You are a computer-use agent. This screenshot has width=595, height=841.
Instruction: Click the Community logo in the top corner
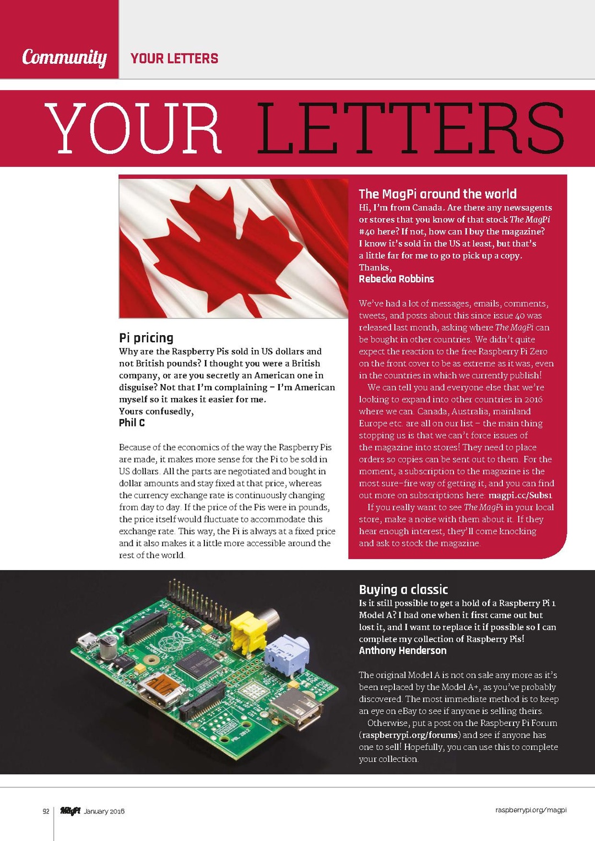[x=64, y=57]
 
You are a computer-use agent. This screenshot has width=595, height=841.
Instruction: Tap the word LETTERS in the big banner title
[x=410, y=128]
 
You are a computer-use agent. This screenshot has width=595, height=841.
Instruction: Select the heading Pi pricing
[x=146, y=337]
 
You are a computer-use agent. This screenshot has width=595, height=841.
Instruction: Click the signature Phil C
[x=132, y=423]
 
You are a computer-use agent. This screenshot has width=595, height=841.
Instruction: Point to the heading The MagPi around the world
[x=437, y=194]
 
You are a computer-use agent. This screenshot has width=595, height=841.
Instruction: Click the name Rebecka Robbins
[x=396, y=278]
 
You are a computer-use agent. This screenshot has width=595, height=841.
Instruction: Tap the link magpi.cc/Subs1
[x=520, y=495]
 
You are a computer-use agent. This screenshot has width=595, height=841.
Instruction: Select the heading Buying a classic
[x=403, y=589]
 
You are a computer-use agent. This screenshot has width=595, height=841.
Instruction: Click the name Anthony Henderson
[x=403, y=651]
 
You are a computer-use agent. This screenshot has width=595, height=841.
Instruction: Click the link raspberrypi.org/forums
[x=410, y=735]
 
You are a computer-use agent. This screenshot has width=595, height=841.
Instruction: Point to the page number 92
[x=46, y=811]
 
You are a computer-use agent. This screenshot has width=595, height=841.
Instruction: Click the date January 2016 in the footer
[x=104, y=811]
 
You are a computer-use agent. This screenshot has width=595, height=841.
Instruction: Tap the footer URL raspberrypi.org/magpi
[x=531, y=810]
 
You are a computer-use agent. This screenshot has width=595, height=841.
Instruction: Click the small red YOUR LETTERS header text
[x=174, y=58]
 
